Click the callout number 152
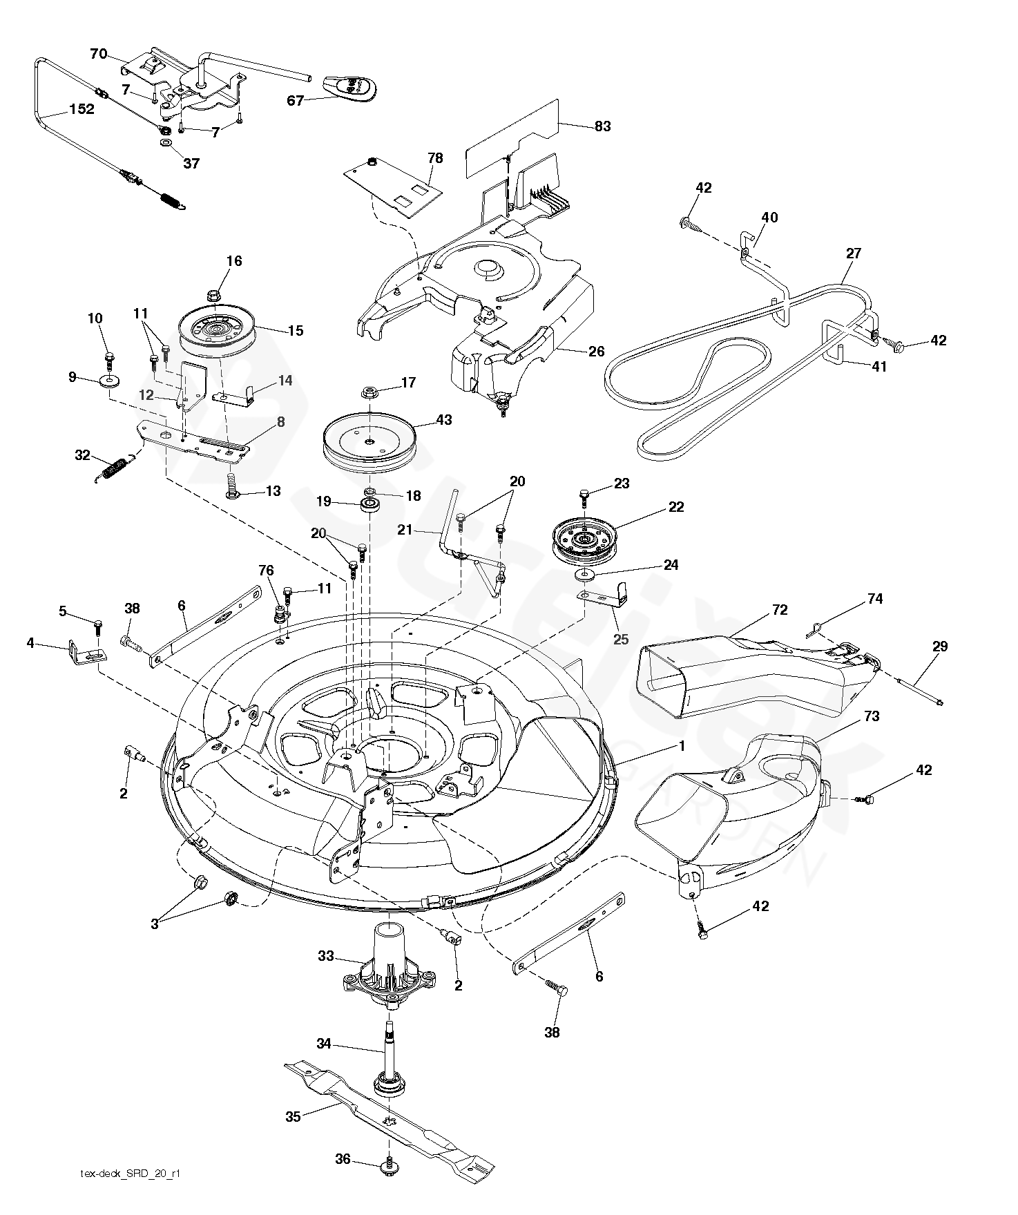[81, 109]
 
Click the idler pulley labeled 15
[218, 333]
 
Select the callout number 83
[602, 126]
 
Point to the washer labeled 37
[166, 143]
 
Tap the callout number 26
[596, 351]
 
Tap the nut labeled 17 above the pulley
[369, 393]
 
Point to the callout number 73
[872, 716]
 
